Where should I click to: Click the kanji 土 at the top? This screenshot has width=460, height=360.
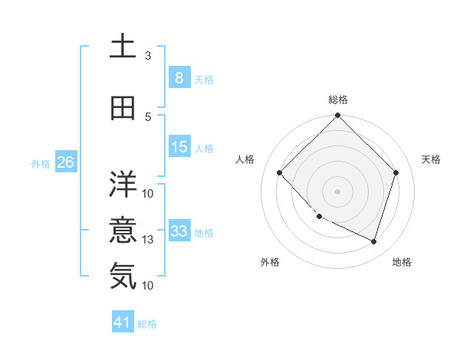[123, 45]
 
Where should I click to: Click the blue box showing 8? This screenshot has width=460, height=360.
[179, 78]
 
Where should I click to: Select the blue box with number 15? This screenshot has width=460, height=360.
[179, 147]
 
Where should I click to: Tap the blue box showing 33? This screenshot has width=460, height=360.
[179, 231]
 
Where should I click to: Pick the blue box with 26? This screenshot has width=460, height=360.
[65, 162]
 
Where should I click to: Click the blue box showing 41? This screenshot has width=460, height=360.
[123, 322]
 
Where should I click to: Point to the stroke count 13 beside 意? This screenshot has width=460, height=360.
[148, 240]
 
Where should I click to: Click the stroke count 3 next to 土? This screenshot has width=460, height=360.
[148, 55]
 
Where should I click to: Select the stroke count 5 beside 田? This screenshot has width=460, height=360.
[148, 116]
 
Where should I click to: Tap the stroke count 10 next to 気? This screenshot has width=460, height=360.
[148, 285]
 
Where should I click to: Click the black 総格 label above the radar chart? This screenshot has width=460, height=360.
[338, 100]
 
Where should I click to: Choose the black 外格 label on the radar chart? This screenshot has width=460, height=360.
[270, 262]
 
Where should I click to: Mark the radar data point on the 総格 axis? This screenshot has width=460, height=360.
[338, 116]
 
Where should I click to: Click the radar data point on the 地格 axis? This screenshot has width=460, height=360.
[373, 241]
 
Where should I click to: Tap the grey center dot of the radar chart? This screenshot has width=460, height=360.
[338, 191]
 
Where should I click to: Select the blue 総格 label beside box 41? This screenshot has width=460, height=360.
[147, 324]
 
